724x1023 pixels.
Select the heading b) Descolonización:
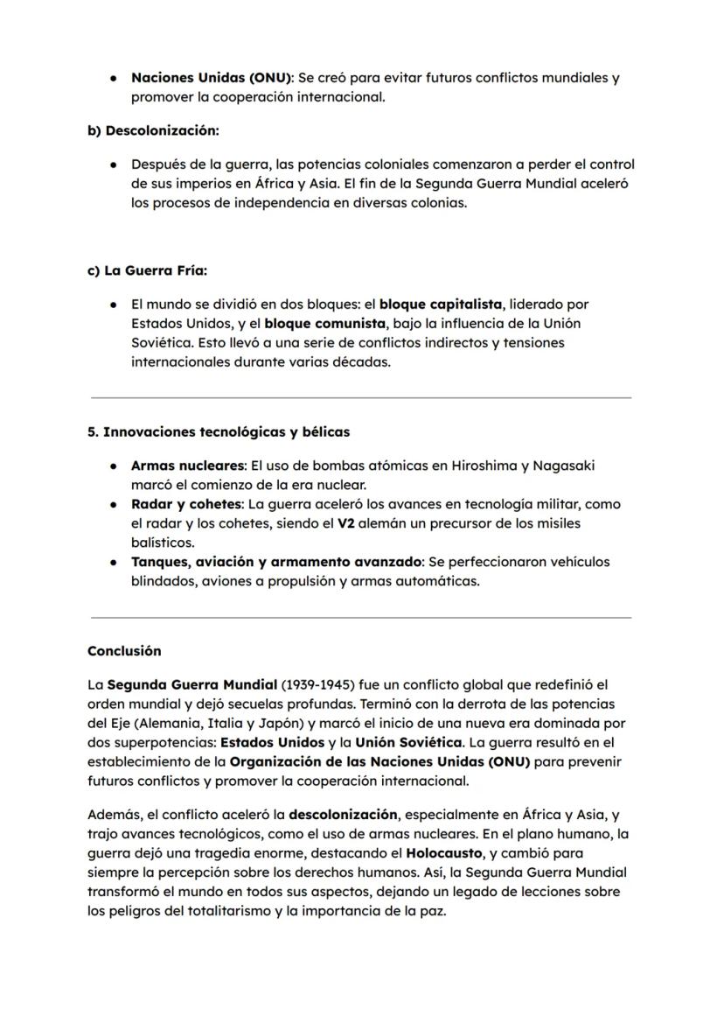153,130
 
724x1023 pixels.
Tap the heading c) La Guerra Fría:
147,270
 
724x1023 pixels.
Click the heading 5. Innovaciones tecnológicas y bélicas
219,432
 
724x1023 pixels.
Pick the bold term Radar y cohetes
185,504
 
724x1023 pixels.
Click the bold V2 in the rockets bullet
346,523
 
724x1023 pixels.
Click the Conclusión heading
124,651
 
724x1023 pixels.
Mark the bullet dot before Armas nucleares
114,466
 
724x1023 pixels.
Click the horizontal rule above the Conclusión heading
360,618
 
